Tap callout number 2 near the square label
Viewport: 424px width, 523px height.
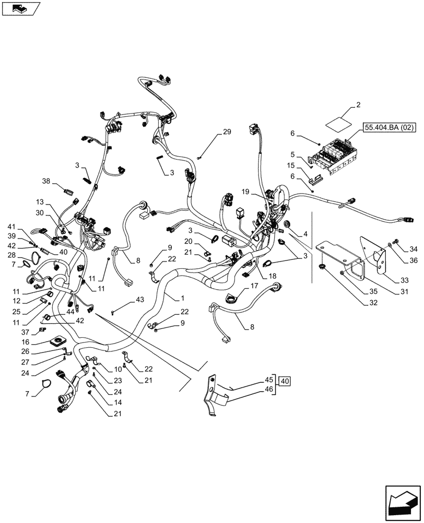(358, 106)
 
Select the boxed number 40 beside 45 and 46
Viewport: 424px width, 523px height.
(285, 381)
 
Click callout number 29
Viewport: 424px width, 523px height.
(227, 132)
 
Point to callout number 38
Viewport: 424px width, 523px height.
(46, 181)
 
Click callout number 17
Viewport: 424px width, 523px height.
(254, 286)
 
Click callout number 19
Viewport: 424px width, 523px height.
(245, 192)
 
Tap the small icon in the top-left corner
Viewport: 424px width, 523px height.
(21, 8)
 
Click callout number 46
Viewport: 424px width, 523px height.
(268, 390)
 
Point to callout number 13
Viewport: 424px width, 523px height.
(40, 201)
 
